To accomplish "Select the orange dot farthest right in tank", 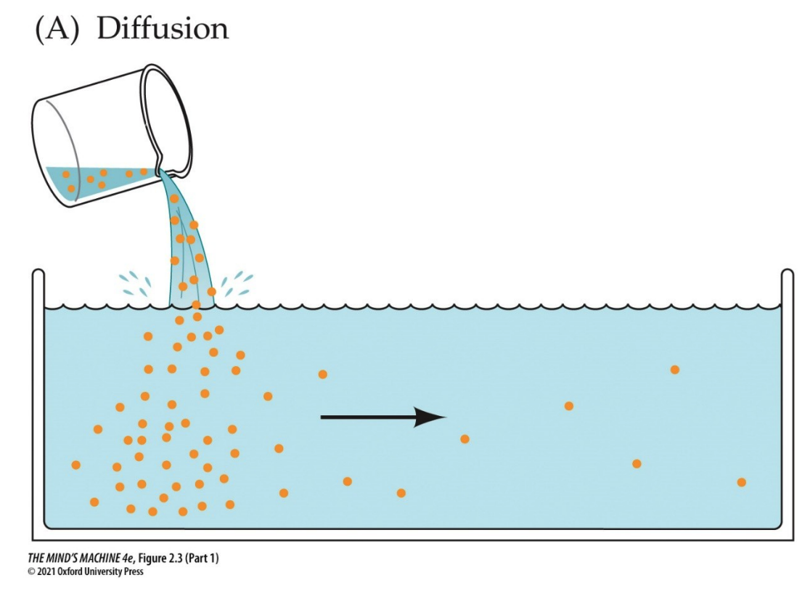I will click(741, 482).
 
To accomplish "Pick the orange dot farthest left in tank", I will click(75, 465).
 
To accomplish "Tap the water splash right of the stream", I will click(238, 284).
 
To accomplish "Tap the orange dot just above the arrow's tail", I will click(323, 374).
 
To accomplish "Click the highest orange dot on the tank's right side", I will click(674, 370).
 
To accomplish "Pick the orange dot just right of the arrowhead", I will click(465, 439).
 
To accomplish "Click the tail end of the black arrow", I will click(324, 417).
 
